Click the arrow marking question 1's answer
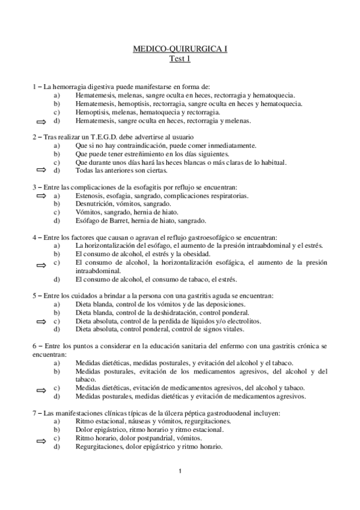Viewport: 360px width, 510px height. (41, 121)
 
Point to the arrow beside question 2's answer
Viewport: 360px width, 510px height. (41, 171)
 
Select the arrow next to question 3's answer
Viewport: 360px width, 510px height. (41, 196)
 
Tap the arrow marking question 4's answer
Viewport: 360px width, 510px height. (41, 263)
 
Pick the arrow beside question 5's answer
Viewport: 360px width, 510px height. (41, 322)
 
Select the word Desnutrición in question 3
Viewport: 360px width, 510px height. (95, 204)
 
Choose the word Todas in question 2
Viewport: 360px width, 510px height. (85, 171)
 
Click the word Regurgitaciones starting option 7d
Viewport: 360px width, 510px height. (100, 447)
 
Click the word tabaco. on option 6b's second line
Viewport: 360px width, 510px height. (87, 379)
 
